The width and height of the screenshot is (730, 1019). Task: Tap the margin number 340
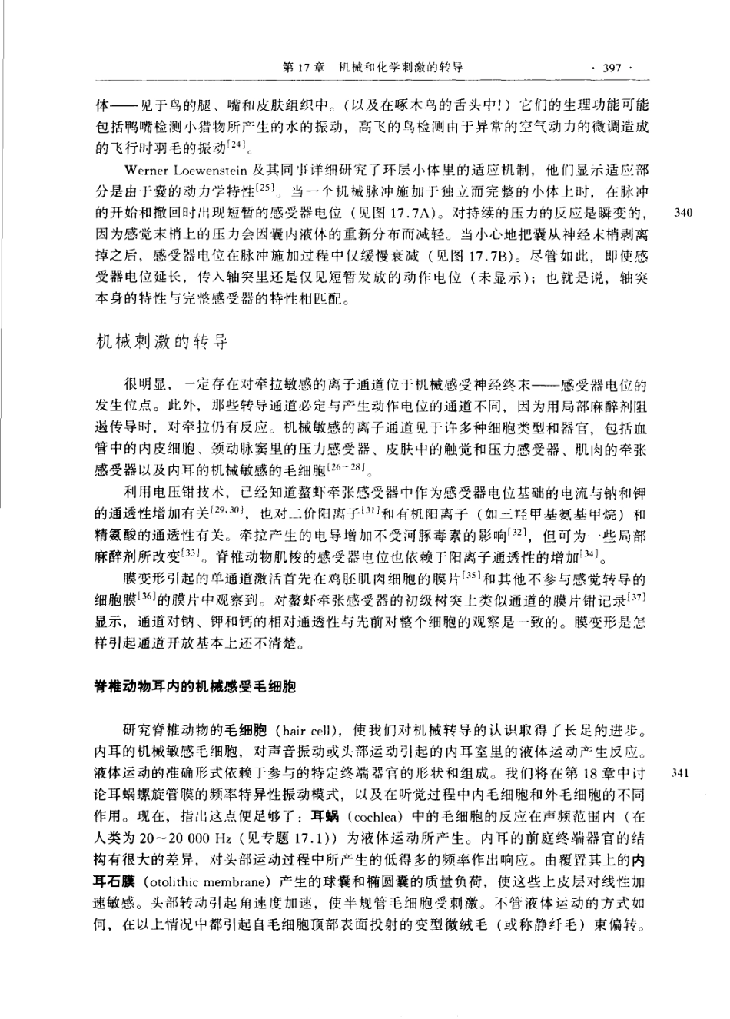682,212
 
